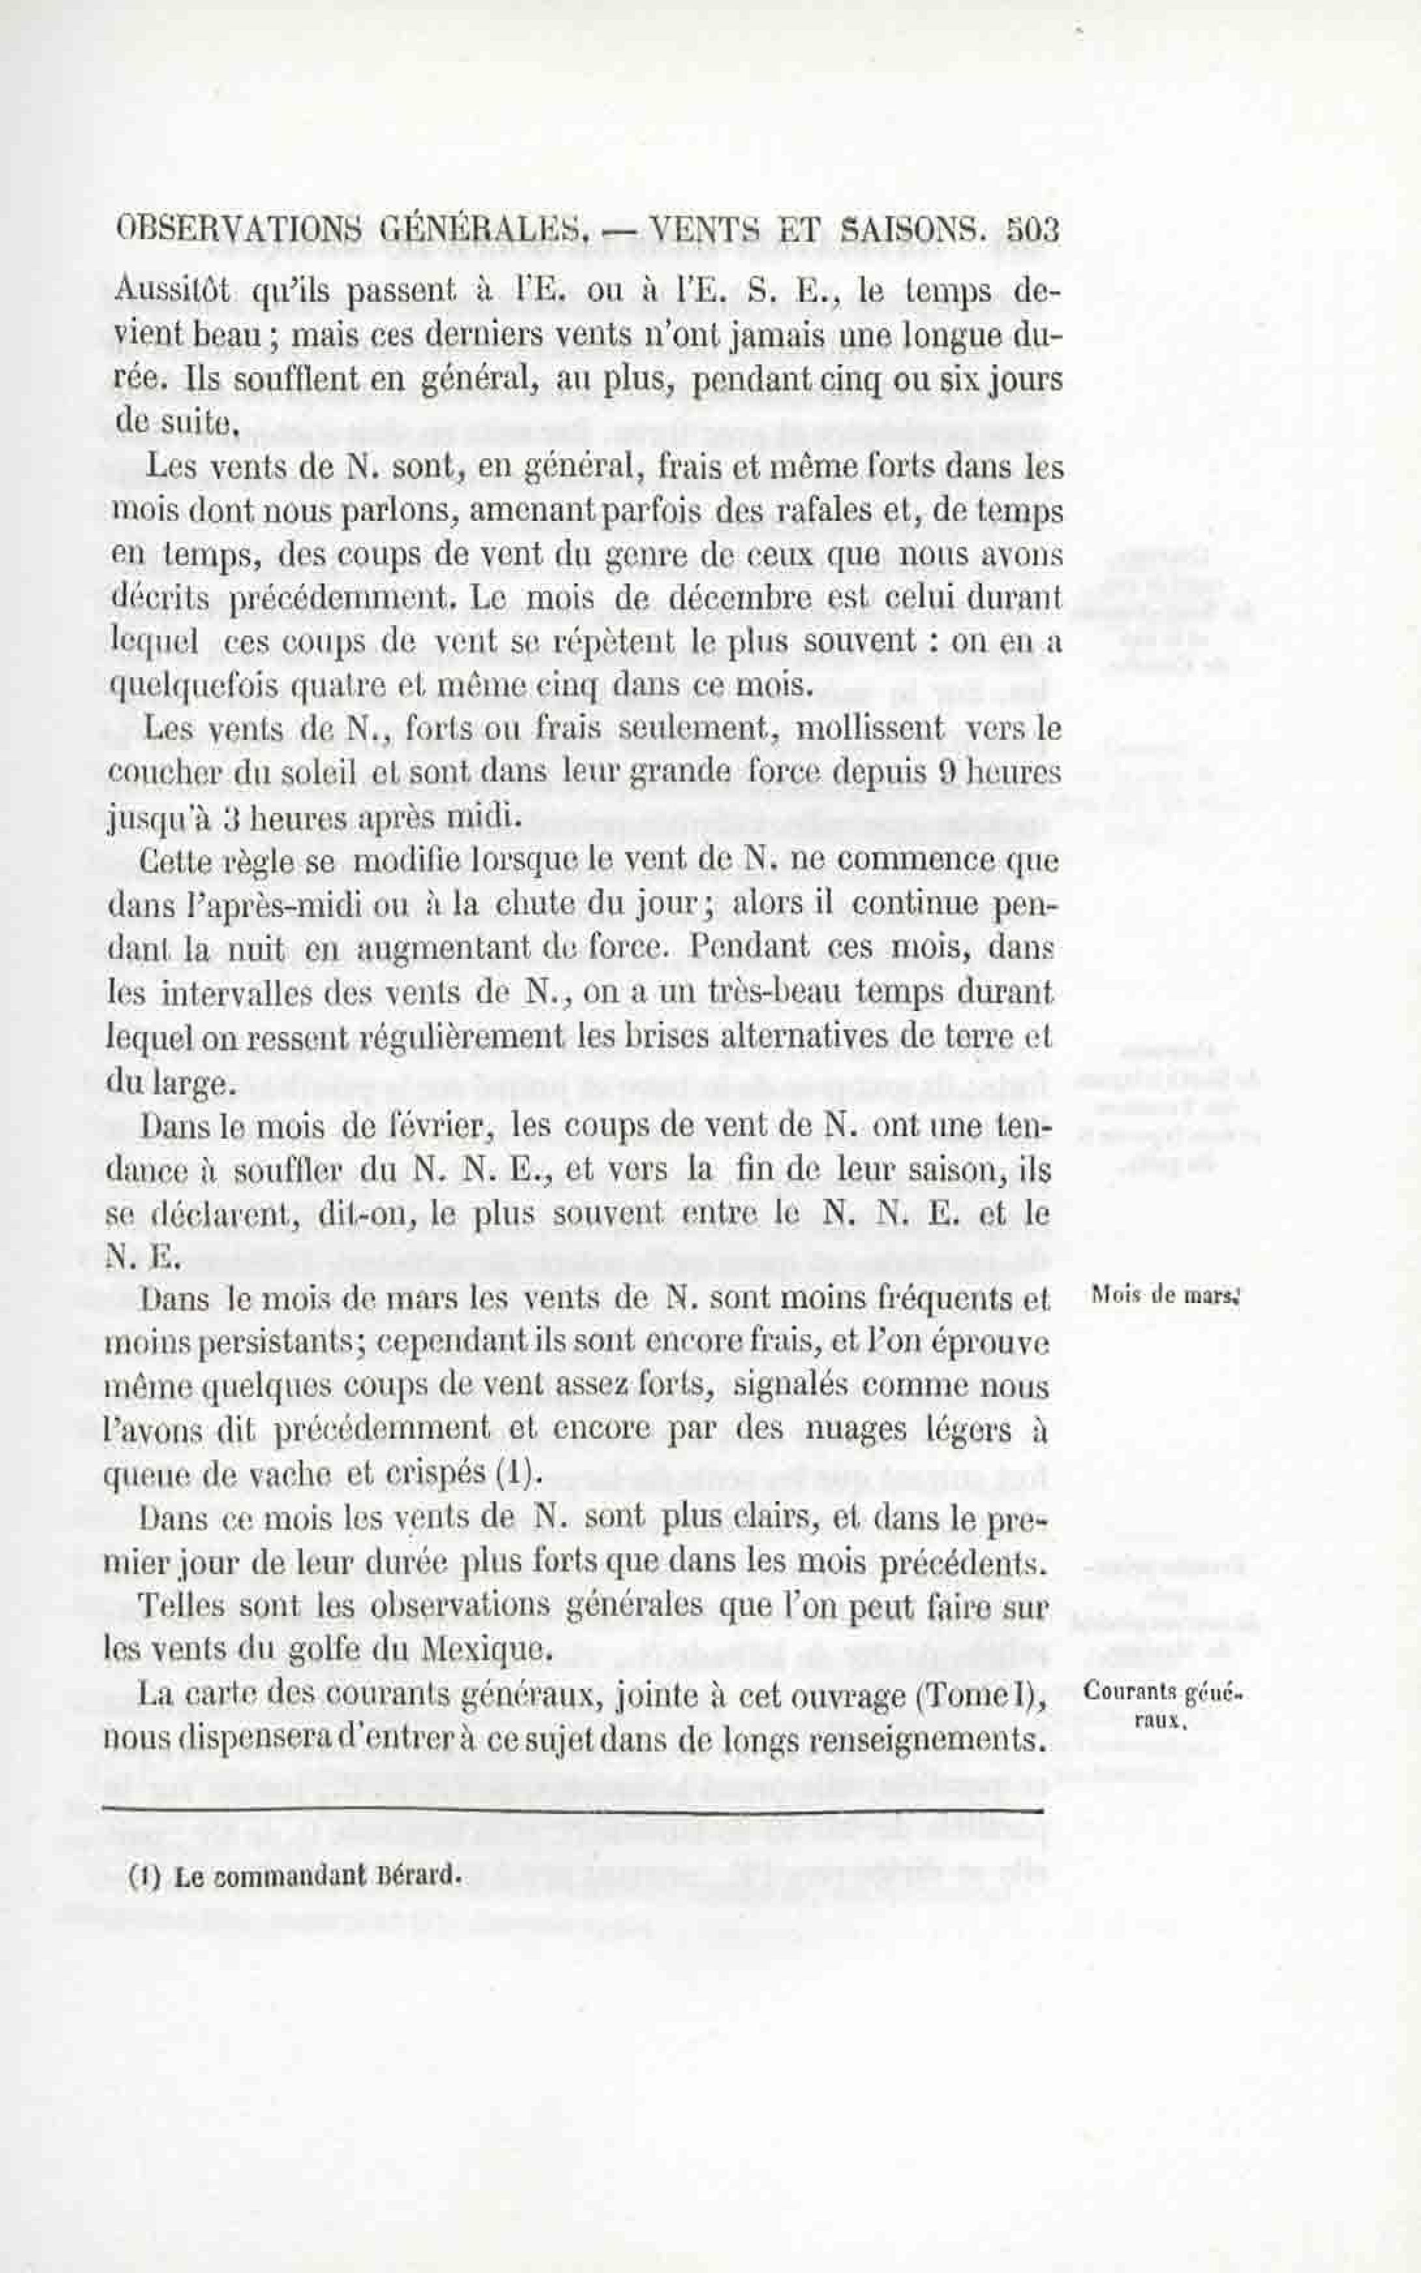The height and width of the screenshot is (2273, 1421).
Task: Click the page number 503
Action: (x=1032, y=231)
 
